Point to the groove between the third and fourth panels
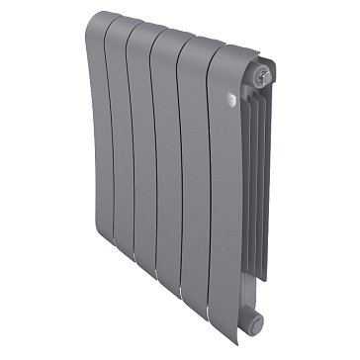pyautogui.click(x=172, y=168)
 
